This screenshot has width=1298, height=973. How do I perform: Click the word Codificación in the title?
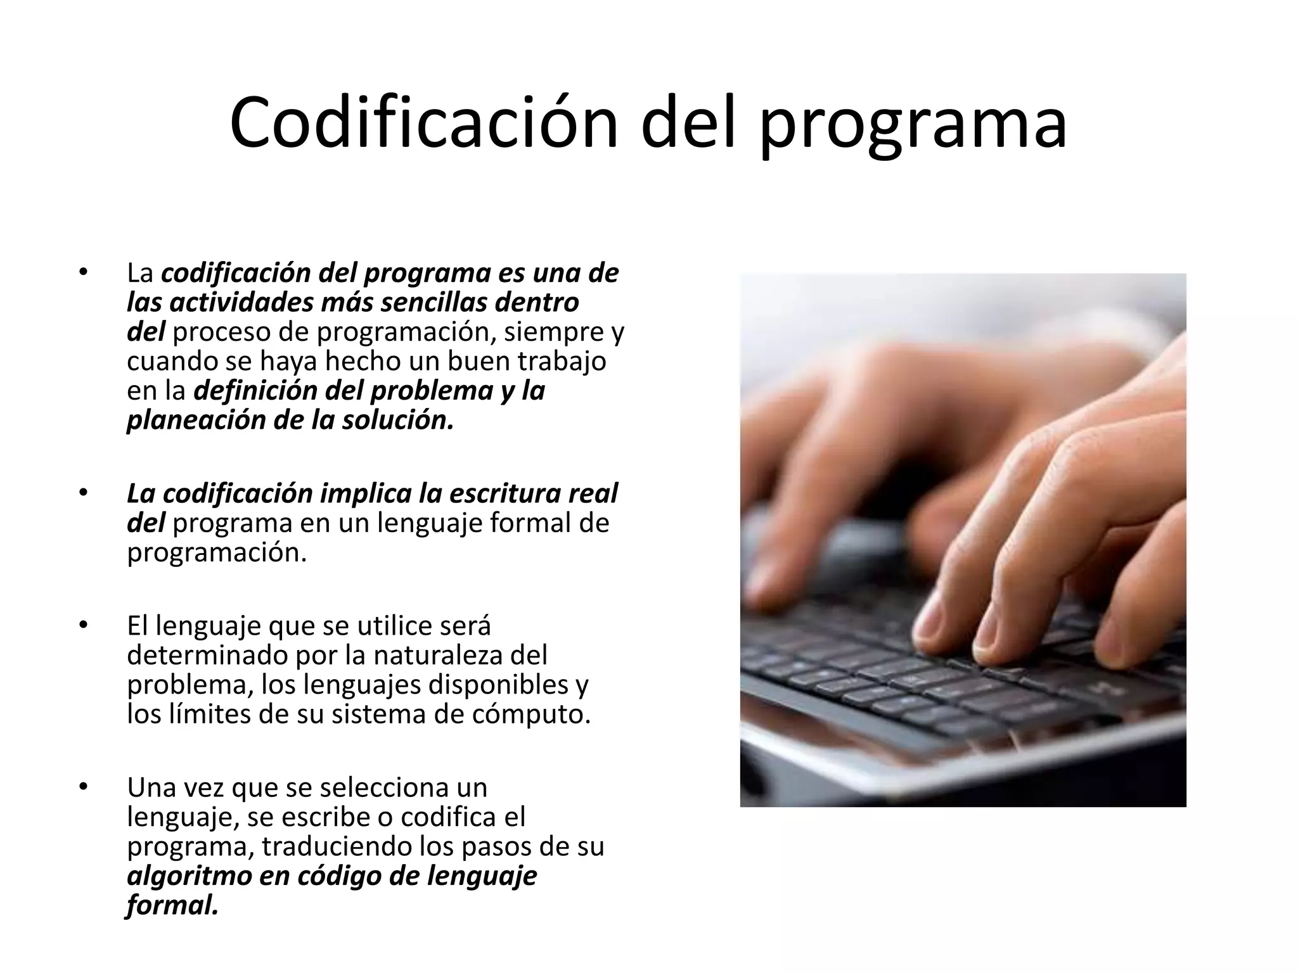click(423, 123)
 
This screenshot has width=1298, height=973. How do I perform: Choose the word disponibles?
click(499, 684)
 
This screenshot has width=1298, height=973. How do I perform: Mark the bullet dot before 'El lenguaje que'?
click(82, 626)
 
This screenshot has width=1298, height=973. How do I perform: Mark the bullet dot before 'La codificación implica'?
click(82, 493)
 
